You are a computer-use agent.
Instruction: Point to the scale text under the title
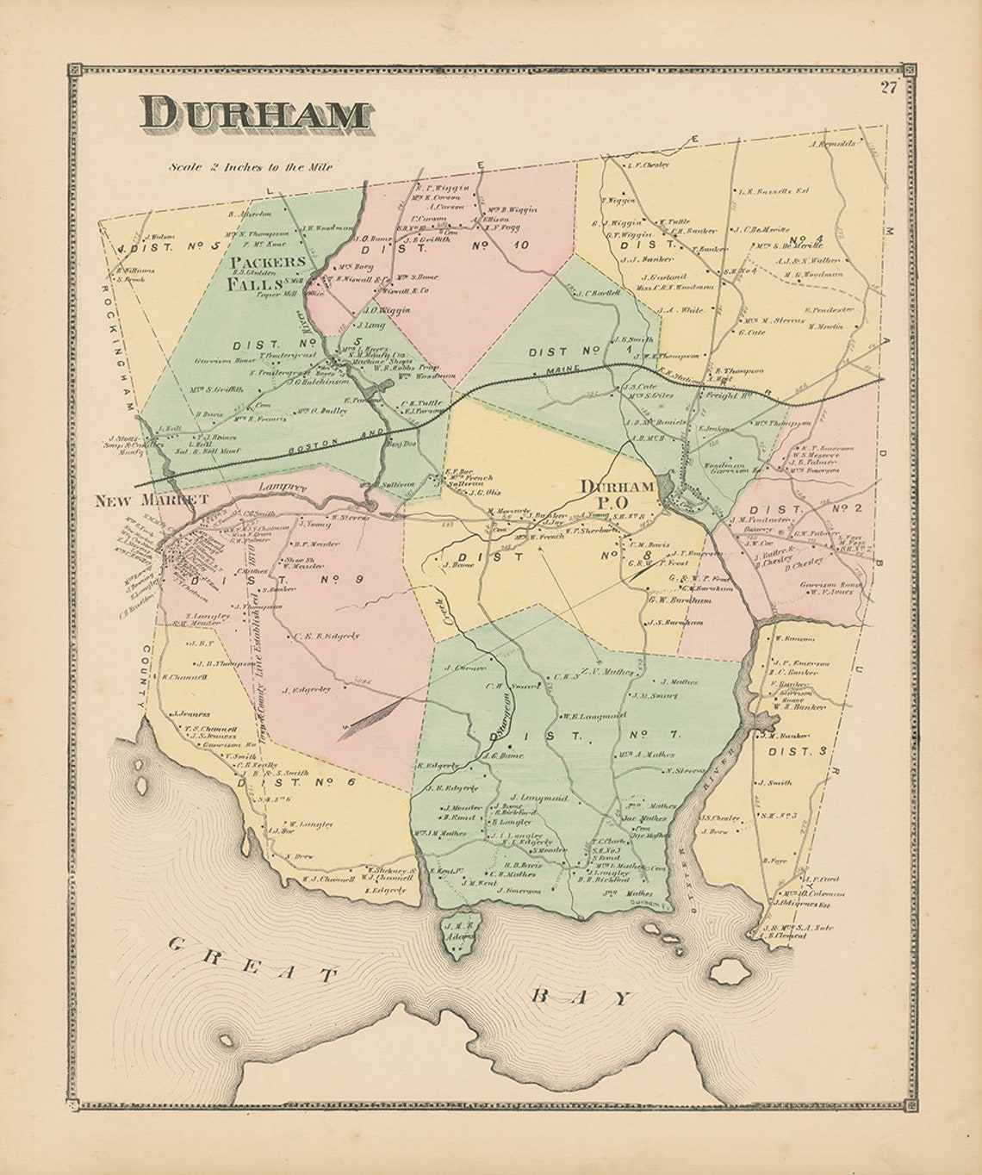point(250,167)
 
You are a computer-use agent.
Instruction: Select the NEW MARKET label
point(152,499)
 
